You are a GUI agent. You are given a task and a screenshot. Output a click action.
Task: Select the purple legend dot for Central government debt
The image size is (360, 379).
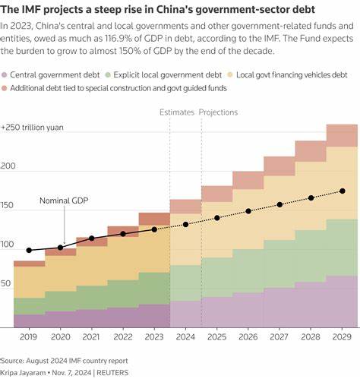click(6, 75)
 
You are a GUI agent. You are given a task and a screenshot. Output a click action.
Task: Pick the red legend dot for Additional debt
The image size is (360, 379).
click(6, 89)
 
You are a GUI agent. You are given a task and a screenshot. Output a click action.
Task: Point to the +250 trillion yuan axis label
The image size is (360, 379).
click(35, 127)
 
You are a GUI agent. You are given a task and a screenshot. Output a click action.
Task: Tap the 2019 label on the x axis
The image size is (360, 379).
click(28, 336)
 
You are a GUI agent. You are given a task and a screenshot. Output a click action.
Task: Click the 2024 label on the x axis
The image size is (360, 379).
click(185, 336)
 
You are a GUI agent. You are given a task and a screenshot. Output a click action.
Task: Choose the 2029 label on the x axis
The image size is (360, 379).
click(343, 336)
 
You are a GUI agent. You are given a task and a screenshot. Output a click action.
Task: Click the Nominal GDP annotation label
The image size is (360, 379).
click(65, 202)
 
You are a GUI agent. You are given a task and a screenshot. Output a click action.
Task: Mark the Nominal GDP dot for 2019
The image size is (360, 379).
click(29, 250)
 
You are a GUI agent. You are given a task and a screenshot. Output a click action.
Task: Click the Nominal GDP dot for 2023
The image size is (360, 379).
click(154, 229)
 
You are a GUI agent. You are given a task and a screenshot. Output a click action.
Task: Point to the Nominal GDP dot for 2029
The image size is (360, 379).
click(343, 191)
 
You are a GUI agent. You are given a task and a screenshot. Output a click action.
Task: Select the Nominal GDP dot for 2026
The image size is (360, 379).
click(248, 211)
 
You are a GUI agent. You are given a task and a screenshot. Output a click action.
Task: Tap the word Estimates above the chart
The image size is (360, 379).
click(177, 112)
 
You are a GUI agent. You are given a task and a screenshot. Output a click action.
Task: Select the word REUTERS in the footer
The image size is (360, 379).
click(112, 373)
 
